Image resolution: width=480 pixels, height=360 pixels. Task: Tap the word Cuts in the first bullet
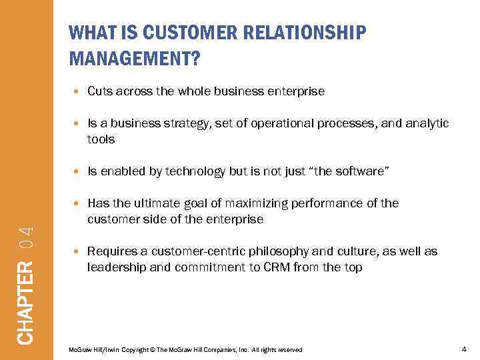[100, 91]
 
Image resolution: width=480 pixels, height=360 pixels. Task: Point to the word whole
[195, 91]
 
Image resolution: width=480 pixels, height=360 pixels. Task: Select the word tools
[101, 139]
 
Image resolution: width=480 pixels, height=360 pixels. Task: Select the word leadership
[115, 267]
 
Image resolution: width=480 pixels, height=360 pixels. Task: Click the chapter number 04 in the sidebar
[26, 239]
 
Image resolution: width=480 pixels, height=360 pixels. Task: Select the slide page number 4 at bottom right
[463, 349]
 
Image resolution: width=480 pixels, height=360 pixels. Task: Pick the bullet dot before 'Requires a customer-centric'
[79, 252]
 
